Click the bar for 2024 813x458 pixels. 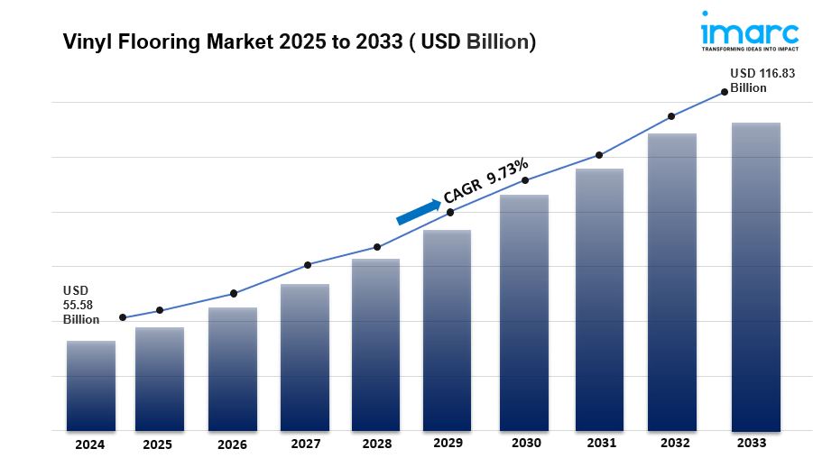coord(90,385)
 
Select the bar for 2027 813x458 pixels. coord(304,357)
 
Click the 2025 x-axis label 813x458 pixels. coord(159,444)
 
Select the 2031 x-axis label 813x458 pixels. coord(601,443)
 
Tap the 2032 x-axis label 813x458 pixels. coord(675,443)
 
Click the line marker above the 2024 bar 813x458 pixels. coord(123,317)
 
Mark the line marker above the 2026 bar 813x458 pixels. coord(234,293)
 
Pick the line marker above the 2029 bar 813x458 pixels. coord(450,212)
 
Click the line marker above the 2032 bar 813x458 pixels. coord(671,116)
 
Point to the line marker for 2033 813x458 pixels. coord(724,91)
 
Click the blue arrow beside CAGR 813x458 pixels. coord(418,210)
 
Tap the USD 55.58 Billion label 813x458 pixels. coord(81,306)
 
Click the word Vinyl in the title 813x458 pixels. coord(82,42)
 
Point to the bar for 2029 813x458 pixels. coord(448,330)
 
